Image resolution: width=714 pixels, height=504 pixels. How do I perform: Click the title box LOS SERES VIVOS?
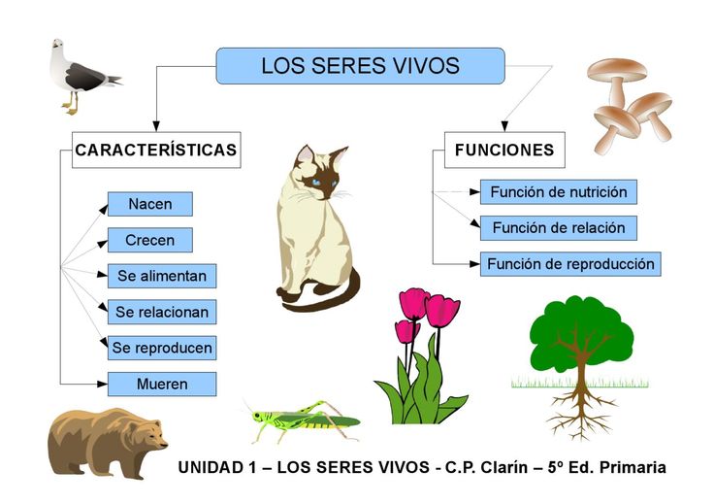click(x=360, y=66)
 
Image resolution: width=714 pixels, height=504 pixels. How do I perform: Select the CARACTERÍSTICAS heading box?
click(x=156, y=150)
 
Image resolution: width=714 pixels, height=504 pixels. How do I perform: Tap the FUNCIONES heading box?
click(x=504, y=150)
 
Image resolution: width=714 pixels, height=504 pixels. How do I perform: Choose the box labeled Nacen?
click(x=150, y=204)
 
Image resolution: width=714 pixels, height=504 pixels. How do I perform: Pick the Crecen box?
click(x=150, y=240)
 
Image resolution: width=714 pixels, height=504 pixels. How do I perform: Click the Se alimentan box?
click(x=162, y=276)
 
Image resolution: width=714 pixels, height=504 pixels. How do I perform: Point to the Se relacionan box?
click(x=162, y=312)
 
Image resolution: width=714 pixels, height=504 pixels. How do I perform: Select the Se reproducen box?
click(x=162, y=348)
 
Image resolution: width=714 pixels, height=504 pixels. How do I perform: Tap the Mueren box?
click(x=162, y=384)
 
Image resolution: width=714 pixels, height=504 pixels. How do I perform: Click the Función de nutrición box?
click(x=559, y=192)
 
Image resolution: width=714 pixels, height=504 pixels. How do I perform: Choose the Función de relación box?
click(x=559, y=228)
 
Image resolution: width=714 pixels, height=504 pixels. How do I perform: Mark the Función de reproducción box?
click(x=570, y=264)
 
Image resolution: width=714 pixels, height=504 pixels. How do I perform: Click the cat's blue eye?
click(x=316, y=183)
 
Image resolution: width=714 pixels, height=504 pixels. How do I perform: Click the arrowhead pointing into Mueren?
click(x=103, y=385)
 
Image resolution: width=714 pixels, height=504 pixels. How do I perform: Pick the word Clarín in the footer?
click(x=504, y=467)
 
